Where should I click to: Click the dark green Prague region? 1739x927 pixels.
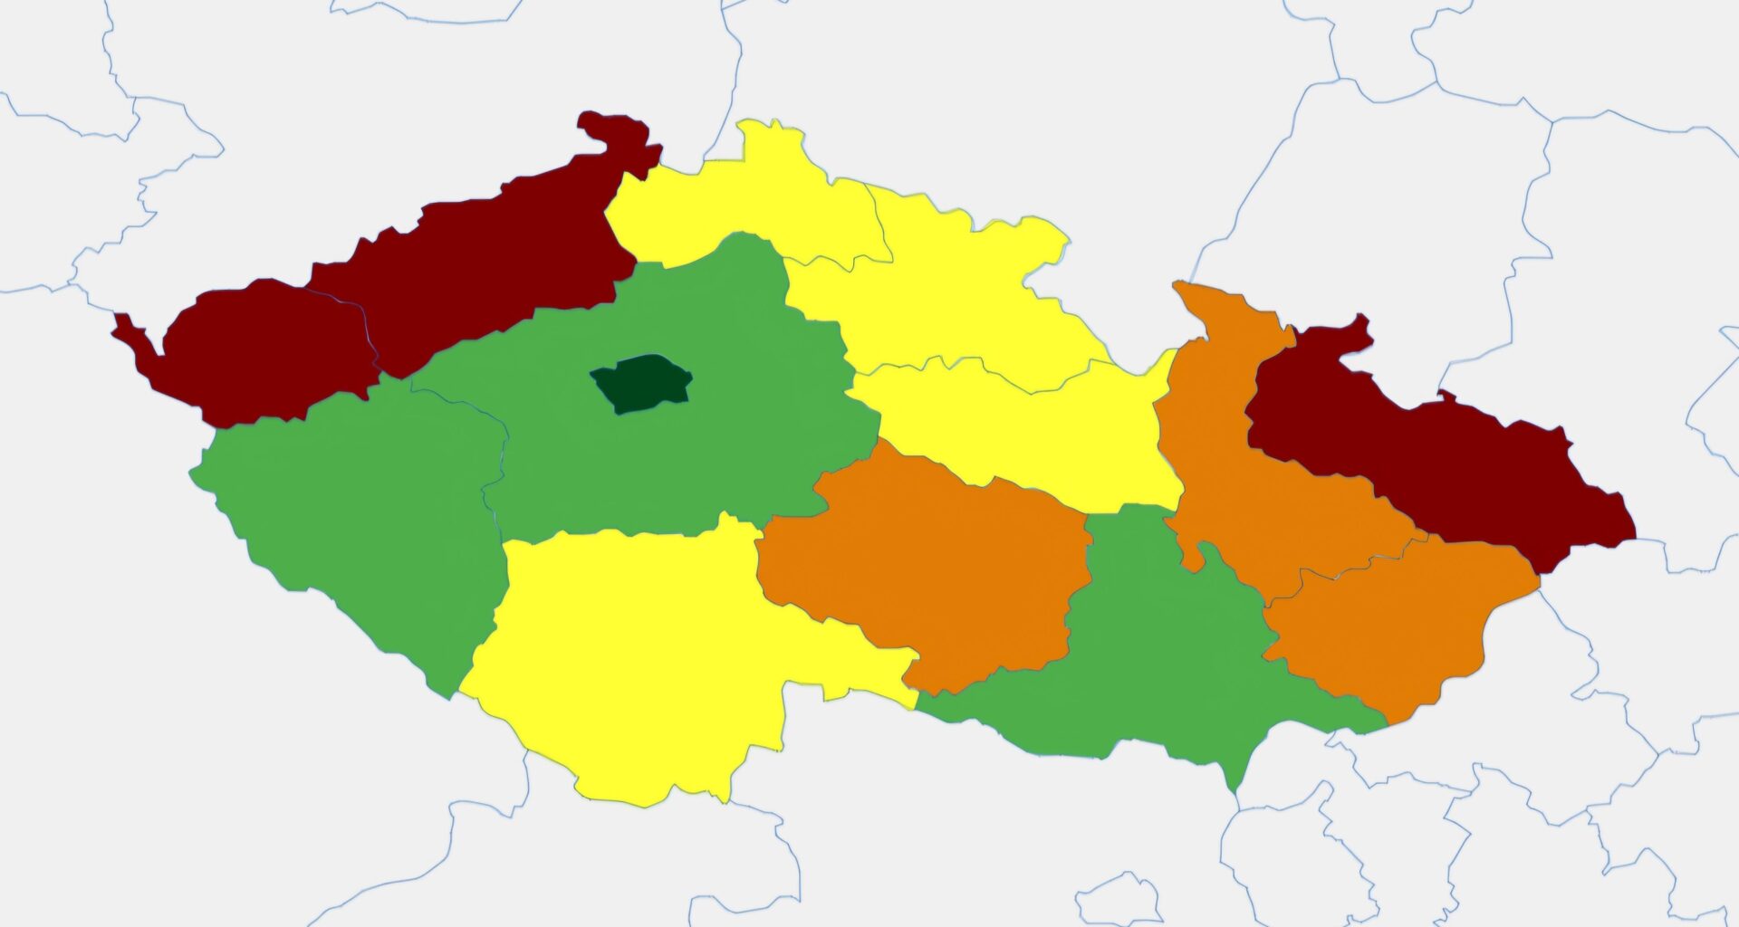[x=641, y=383]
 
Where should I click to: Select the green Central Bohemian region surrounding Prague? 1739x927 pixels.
[x=688, y=462]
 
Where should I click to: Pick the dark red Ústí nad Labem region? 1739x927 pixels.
[x=480, y=263]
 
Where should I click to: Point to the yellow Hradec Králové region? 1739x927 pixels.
[x=951, y=290]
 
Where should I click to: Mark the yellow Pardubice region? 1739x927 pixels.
[x=1023, y=425]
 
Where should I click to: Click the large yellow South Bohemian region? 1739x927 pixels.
[x=634, y=652]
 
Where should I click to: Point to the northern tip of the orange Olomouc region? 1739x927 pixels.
[x=1180, y=287]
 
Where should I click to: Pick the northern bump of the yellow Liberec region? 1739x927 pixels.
[x=770, y=131]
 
